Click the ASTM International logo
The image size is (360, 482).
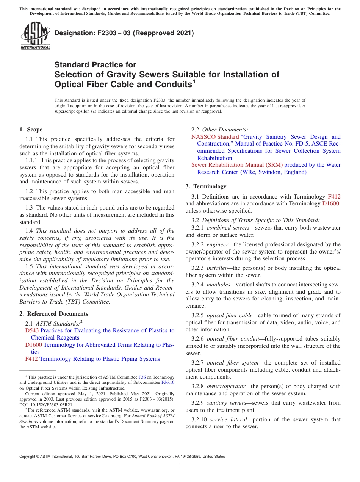pos(35,36)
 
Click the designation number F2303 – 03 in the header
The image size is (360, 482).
pos(124,33)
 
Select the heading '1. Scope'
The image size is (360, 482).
pos(31,130)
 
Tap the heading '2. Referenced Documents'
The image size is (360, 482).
pos(53,314)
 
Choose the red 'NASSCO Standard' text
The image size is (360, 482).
pos(215,137)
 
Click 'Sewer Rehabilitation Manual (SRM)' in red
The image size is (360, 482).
pos(237,165)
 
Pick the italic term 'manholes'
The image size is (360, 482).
pos(218,284)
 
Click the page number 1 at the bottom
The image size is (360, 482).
pos(180,465)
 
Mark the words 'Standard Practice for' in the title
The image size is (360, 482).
pos(95,65)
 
